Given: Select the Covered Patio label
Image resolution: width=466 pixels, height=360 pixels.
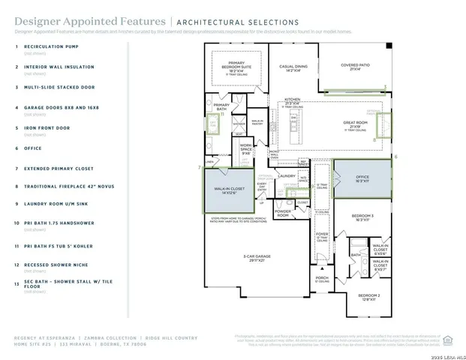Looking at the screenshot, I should [x=354, y=67].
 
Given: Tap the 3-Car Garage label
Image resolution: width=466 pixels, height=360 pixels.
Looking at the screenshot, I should [x=254, y=256].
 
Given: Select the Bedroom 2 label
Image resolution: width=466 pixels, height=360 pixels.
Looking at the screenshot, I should [x=368, y=297].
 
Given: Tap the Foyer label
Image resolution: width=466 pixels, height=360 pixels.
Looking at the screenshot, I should [x=321, y=235].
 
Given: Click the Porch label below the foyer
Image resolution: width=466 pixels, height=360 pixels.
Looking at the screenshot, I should [x=322, y=278].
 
